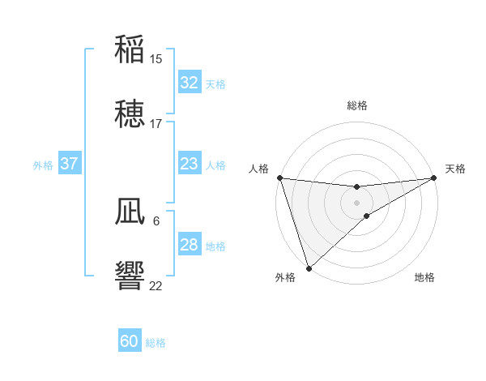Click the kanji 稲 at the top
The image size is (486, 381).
click(130, 49)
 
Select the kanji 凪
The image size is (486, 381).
click(130, 212)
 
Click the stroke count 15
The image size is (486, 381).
click(156, 59)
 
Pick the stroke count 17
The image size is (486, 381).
click(156, 124)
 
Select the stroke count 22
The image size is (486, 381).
click(156, 285)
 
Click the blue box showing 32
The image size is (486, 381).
click(190, 83)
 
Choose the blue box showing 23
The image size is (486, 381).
click(190, 164)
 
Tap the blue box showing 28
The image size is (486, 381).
click(190, 245)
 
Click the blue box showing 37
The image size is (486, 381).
click(70, 164)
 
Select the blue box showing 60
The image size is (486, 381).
click(130, 341)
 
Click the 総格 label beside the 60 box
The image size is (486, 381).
click(156, 343)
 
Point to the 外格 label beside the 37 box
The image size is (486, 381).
click(43, 165)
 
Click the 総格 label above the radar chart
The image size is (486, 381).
click(357, 105)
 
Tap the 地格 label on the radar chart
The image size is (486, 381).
click(424, 278)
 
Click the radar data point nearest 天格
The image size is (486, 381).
click(435, 178)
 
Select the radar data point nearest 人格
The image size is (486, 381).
click(279, 178)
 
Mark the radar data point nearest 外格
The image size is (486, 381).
click(309, 268)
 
